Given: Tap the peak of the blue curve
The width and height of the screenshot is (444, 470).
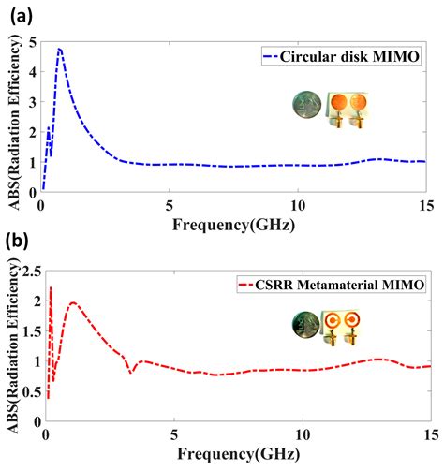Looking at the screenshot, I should [x=60, y=49].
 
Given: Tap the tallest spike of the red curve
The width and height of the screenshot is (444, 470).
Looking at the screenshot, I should [x=51, y=288].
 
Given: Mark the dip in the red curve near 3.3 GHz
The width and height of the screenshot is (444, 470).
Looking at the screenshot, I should [x=132, y=372].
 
